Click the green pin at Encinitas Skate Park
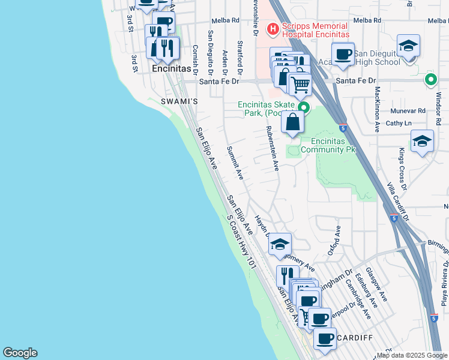pos(304,108)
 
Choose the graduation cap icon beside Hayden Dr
pos(280,244)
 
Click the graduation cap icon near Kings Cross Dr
pos(422,142)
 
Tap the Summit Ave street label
pos(235,163)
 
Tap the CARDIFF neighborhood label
pos(355,338)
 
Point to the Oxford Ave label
pos(334,241)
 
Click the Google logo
pos(20,353)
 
